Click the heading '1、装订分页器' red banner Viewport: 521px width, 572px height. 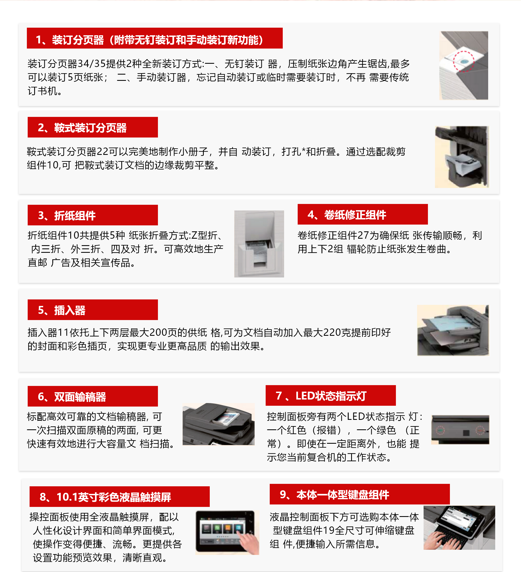pyautogui.click(x=154, y=38)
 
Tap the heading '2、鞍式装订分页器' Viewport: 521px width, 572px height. pyautogui.click(x=93, y=127)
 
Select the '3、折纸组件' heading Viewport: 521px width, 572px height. pyautogui.click(x=93, y=215)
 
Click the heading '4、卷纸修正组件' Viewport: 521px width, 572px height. pyautogui.click(x=363, y=214)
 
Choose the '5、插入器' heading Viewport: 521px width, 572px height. pyautogui.click(x=93, y=310)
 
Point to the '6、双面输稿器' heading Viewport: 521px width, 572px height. pyautogui.click(x=93, y=396)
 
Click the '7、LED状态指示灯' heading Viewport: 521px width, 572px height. pyautogui.click(x=331, y=395)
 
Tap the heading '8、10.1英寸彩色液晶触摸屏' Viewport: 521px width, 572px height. pyautogui.click(x=120, y=497)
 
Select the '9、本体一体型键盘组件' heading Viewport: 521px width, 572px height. pyautogui.click(x=360, y=494)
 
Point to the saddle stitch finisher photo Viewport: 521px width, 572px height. pyautogui.click(x=462, y=157)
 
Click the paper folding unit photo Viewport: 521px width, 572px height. pyautogui.click(x=259, y=244)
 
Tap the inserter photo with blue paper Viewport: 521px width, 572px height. pyautogui.click(x=453, y=330)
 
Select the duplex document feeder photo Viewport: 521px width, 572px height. pyautogui.click(x=218, y=424)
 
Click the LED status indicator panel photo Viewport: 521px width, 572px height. pyautogui.click(x=460, y=430)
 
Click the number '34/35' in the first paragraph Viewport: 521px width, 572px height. pyautogui.click(x=91, y=64)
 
